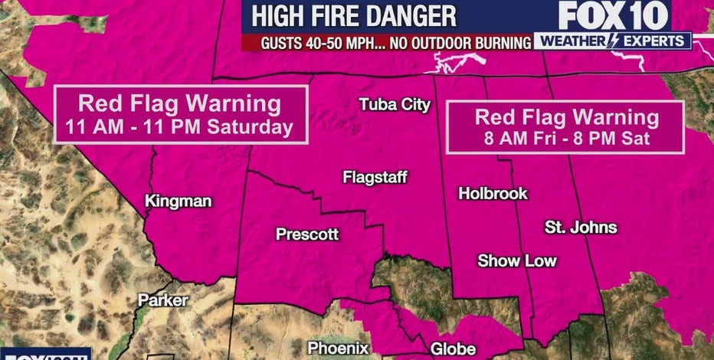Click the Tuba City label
click(395, 106)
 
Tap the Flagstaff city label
click(375, 178)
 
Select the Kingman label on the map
click(178, 201)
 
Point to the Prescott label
click(306, 234)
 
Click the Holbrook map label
click(493, 194)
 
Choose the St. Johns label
click(581, 227)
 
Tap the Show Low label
click(517, 261)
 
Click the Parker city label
click(162, 300)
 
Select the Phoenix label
click(339, 347)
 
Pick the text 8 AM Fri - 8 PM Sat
click(567, 139)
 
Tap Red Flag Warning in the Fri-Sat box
click(567, 117)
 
